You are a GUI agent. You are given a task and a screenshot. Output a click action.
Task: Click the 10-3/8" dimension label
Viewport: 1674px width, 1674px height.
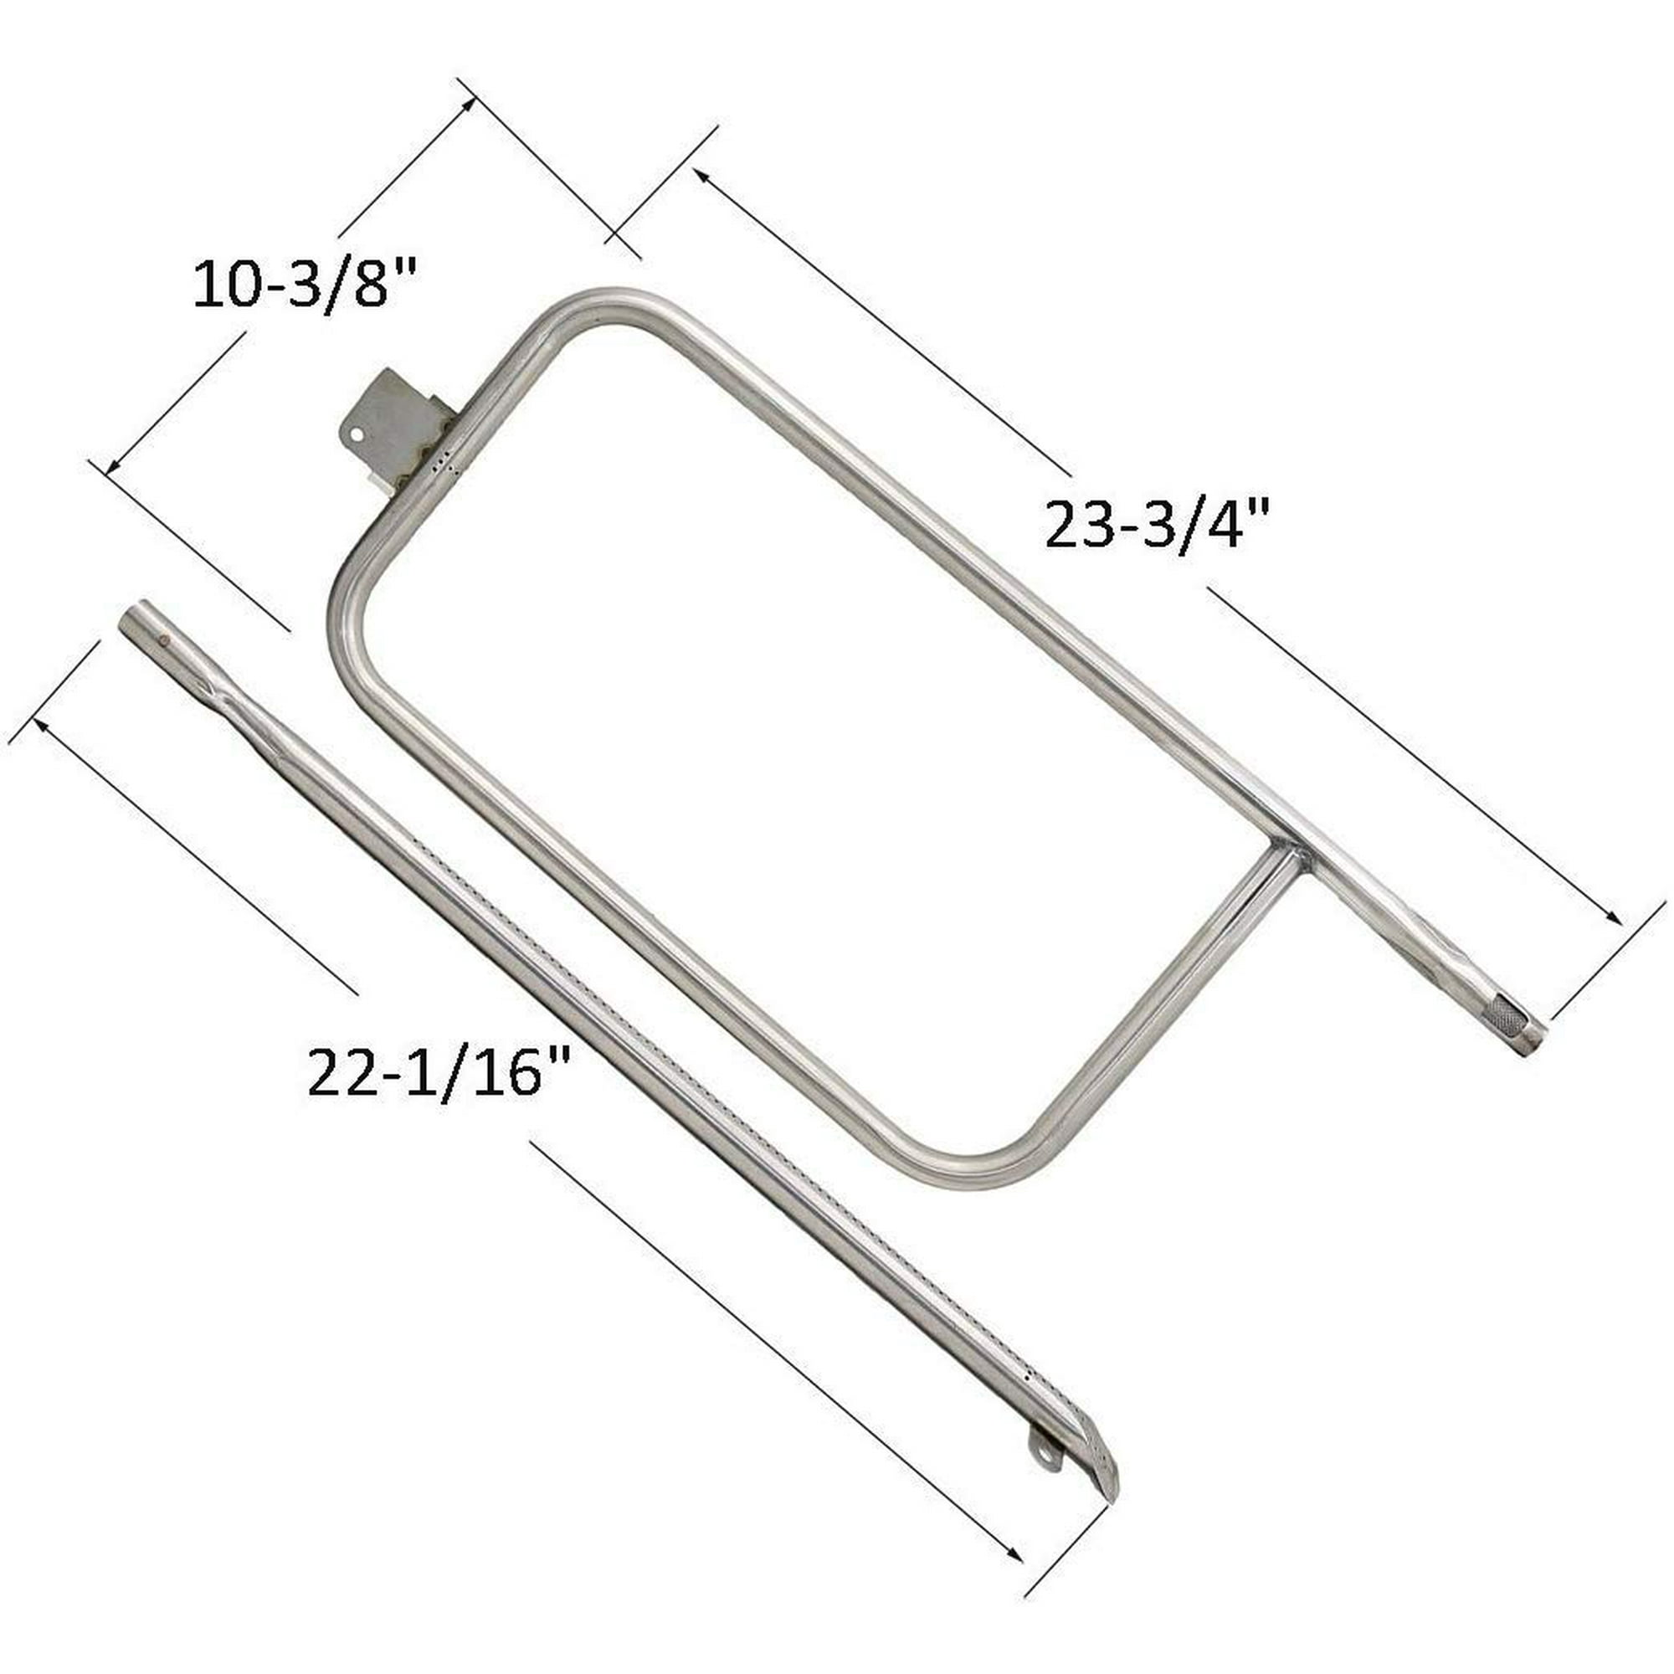[305, 285]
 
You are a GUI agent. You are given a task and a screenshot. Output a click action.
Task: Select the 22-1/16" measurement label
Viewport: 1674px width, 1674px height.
[439, 1072]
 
